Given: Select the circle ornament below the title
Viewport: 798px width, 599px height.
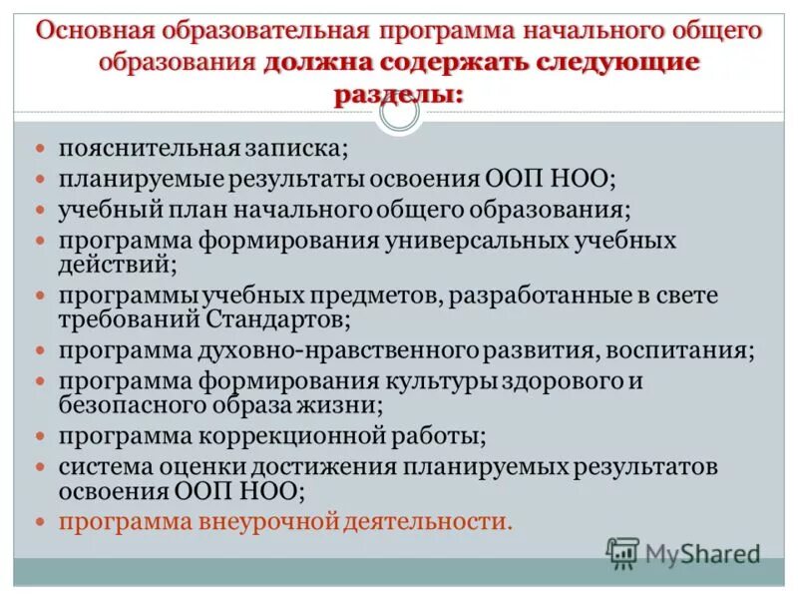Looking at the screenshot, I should click(x=399, y=114).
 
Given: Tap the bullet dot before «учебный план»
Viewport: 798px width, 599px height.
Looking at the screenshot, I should click(x=41, y=211).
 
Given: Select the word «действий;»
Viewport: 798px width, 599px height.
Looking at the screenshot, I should click(x=118, y=264).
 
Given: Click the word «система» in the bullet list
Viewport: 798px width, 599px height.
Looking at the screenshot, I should click(x=102, y=466).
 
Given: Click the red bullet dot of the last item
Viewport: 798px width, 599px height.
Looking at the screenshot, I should click(x=41, y=521).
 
